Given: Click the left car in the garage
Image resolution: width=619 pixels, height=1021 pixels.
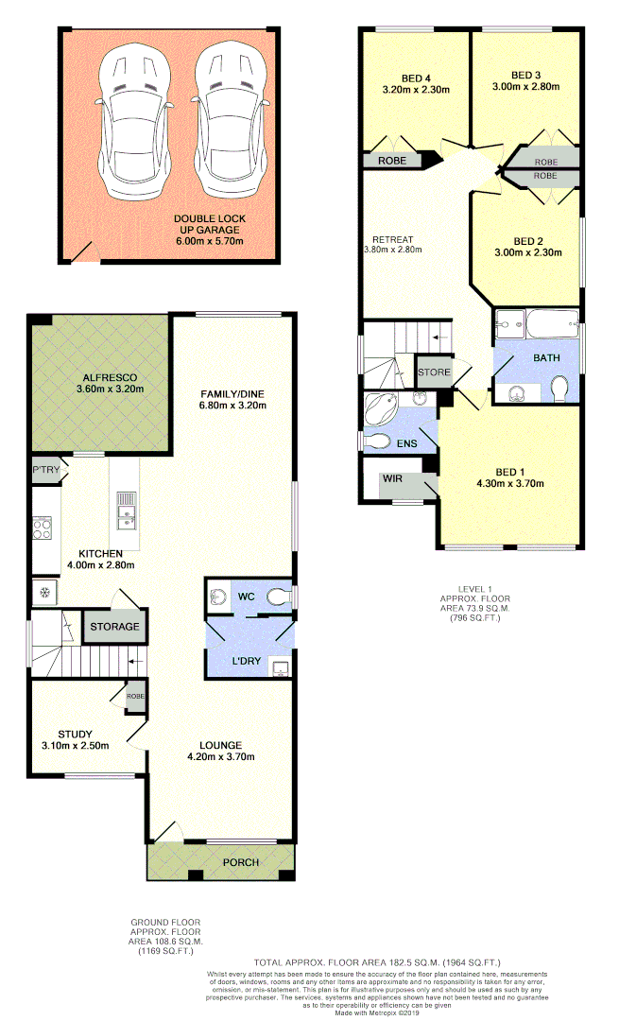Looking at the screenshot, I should (x=137, y=123).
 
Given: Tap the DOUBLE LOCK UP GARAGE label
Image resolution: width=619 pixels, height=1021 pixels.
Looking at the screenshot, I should (x=208, y=224).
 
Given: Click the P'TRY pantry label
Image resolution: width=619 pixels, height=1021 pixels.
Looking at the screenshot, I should (x=45, y=470).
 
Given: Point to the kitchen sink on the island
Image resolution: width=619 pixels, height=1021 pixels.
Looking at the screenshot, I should (x=125, y=514).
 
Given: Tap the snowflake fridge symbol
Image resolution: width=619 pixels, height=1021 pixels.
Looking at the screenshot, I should (x=43, y=593).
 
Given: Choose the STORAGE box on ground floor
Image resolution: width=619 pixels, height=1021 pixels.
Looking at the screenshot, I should (x=114, y=627).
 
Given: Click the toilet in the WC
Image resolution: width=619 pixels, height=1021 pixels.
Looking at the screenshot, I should (x=279, y=596).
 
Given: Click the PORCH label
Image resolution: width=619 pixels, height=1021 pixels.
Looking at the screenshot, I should (x=240, y=862).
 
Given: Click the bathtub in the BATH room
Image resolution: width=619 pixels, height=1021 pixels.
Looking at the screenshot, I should (x=546, y=325).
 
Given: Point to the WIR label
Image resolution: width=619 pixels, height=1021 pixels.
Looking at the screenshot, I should (x=392, y=479).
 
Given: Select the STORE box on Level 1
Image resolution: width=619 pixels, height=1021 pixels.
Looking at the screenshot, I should (x=434, y=372).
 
